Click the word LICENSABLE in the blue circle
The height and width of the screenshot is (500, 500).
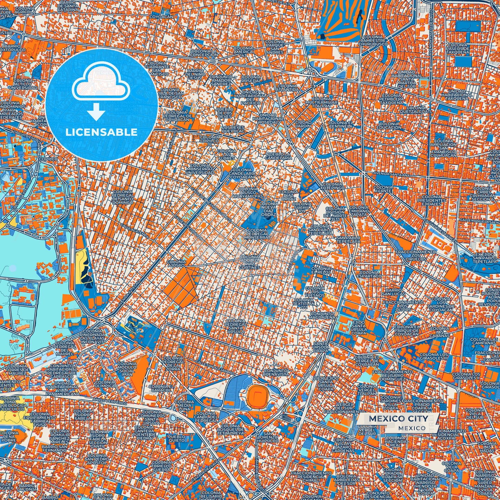pyautogui.click(x=101, y=132)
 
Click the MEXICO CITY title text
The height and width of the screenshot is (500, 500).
pyautogui.click(x=398, y=419)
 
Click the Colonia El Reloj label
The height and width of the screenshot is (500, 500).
pyautogui.click(x=320, y=270)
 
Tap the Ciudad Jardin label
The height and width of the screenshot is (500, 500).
pyautogui.click(x=303, y=124)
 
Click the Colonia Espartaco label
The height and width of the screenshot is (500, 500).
pyautogui.click(x=370, y=274)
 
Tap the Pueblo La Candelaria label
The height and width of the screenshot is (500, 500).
pyautogui.click(x=279, y=156)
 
